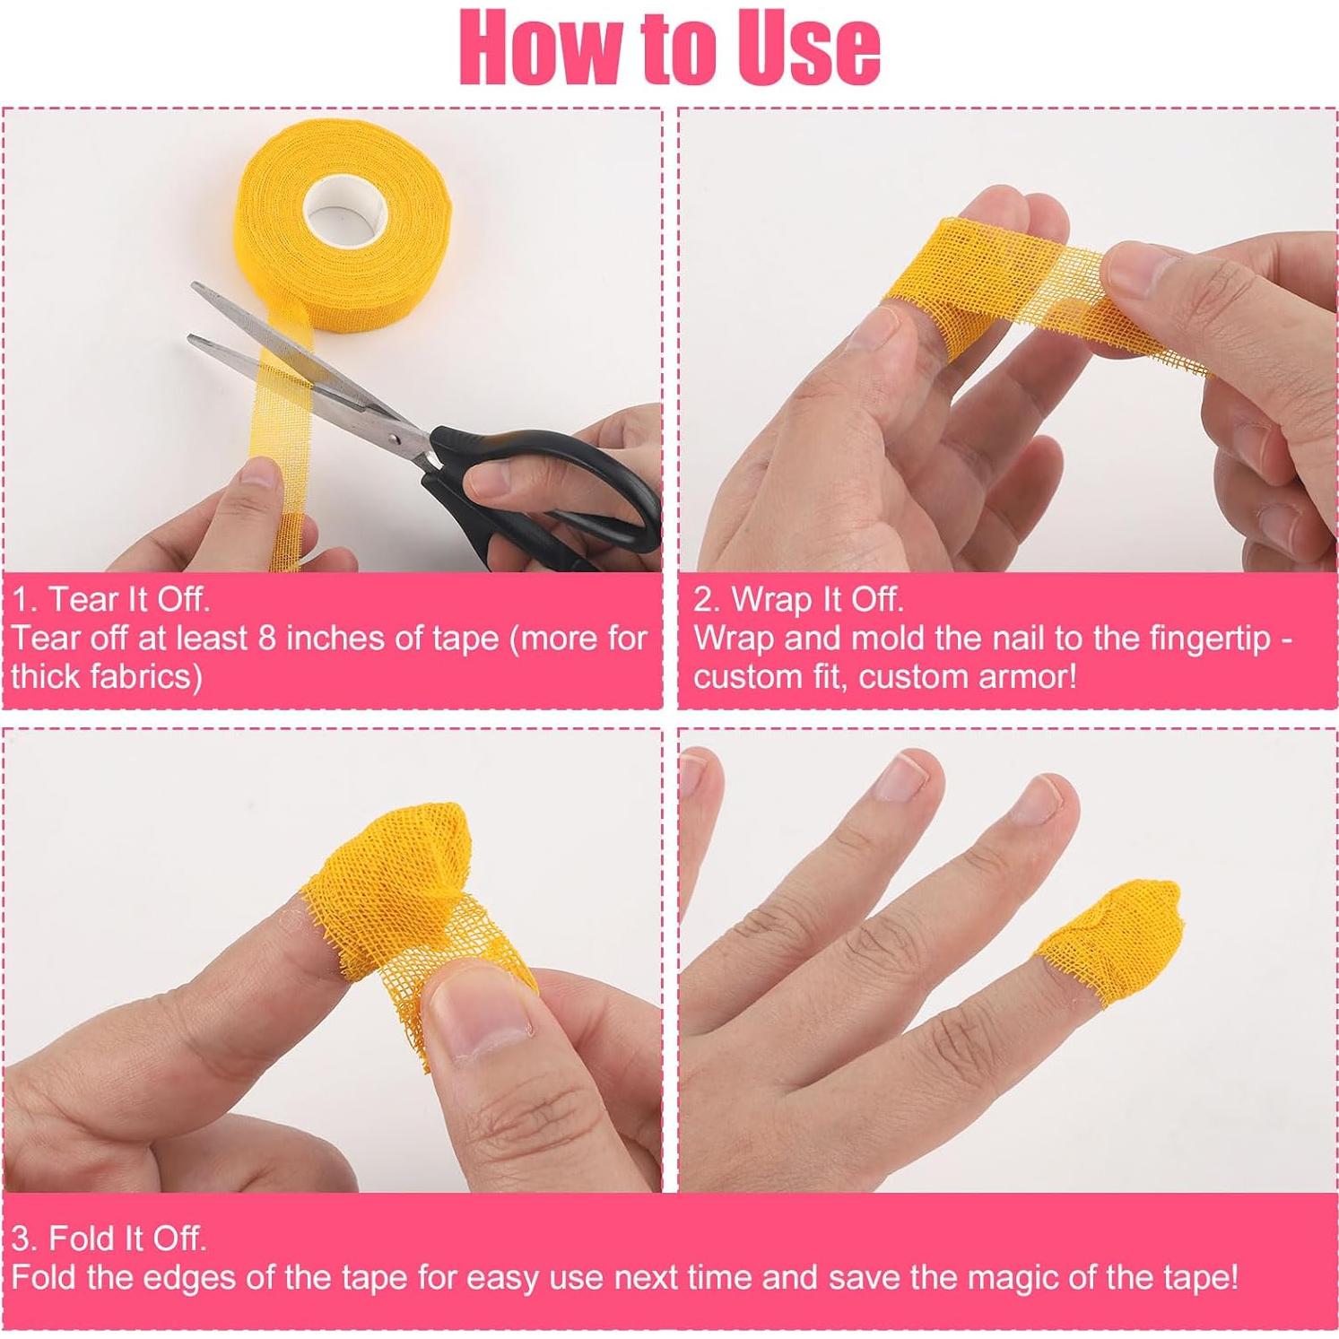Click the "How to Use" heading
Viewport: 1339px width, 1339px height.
pos(669,47)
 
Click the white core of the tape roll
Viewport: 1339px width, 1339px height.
pos(344,214)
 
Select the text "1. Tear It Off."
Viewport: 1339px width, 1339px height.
pos(111,599)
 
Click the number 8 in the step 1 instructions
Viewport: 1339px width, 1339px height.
pos(267,638)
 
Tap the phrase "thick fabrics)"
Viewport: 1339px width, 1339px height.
pos(107,676)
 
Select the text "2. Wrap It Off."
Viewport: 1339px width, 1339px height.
pos(798,599)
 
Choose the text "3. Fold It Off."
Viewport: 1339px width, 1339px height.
pos(109,1239)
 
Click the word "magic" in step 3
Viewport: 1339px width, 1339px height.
pos(981,1276)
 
